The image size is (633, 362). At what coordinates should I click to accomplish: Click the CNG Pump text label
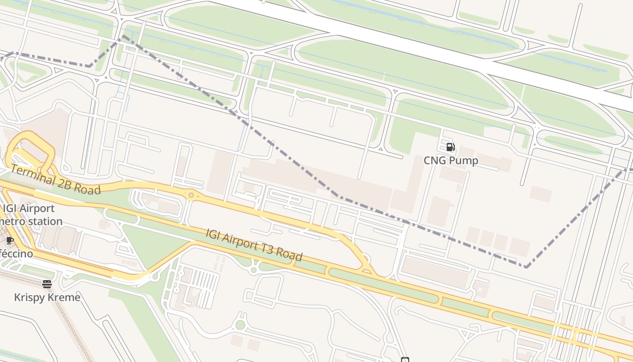pos(451,161)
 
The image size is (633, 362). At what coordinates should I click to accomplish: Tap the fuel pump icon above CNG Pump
pos(450,147)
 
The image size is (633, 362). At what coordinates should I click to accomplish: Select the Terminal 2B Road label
pos(55,179)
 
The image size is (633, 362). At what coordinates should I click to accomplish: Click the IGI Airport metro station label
pos(31,215)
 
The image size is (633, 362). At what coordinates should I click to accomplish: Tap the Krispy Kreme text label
pos(47,297)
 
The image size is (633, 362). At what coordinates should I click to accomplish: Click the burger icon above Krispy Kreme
pos(47,284)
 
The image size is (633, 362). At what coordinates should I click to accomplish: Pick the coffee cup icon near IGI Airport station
pos(9,240)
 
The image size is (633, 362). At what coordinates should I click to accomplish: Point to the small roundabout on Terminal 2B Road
pos(191,195)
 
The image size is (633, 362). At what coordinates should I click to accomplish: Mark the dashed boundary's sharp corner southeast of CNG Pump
pos(526,267)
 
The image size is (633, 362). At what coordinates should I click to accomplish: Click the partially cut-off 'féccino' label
pos(16,253)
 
